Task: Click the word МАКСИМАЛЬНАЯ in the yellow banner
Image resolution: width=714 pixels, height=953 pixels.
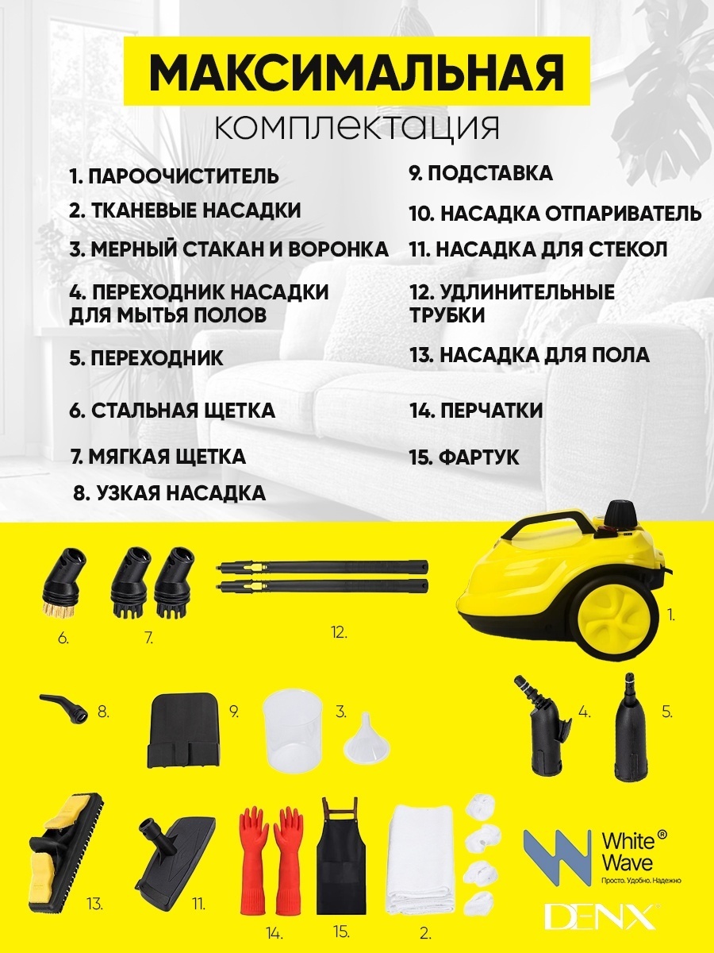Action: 356,71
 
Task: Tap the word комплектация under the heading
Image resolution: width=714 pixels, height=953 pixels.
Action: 356,127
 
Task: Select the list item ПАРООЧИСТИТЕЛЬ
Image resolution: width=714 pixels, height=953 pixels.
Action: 174,176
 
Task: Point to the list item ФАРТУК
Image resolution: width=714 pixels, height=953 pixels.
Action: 464,457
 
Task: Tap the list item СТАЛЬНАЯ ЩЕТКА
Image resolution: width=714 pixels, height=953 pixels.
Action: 172,411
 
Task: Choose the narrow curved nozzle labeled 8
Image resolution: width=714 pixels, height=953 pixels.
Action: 64,708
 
